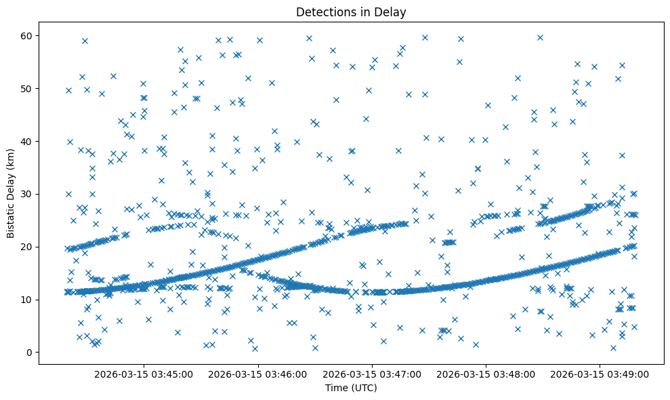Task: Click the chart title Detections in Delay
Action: pos(351,12)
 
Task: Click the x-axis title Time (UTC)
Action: pos(351,388)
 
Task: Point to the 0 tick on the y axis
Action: pos(29,353)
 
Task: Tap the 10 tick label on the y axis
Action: pos(26,300)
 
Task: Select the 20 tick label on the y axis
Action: pos(26,247)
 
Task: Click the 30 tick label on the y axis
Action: pos(26,194)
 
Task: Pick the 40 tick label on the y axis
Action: pos(26,141)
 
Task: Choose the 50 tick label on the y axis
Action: pos(26,88)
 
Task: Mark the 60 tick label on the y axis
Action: pos(26,35)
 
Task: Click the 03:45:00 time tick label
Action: pos(144,374)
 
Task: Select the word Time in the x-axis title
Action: pos(337,388)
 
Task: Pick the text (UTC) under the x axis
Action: pos(363,388)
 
